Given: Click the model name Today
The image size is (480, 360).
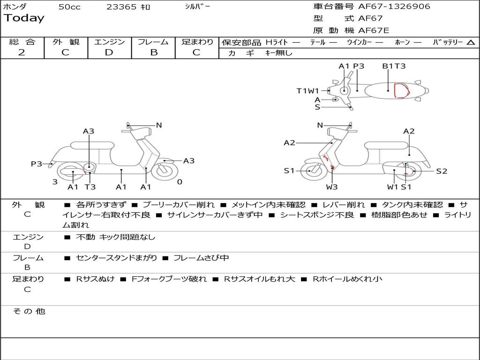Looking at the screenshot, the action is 24,18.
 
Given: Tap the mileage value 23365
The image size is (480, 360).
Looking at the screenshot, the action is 121,7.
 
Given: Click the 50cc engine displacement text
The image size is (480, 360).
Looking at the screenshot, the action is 69,7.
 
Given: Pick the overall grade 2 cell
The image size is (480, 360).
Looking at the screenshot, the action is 22,52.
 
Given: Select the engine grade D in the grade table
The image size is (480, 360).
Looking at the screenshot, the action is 109,52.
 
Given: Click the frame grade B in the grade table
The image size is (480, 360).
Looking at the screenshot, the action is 153,52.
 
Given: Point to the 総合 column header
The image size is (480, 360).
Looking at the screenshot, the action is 22,42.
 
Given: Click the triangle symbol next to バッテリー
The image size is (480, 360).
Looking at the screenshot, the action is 471,43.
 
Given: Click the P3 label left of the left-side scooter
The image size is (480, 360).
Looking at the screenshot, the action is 37,164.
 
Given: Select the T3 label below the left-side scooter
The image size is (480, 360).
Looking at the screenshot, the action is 90,187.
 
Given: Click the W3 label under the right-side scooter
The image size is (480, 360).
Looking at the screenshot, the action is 332,187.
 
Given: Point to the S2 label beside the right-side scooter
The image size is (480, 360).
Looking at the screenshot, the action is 442,171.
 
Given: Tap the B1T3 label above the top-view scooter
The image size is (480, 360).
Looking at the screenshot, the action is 394,66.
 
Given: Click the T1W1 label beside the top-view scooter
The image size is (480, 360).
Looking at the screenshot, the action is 307,91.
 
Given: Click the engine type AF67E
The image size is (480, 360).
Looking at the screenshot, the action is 374,30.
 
